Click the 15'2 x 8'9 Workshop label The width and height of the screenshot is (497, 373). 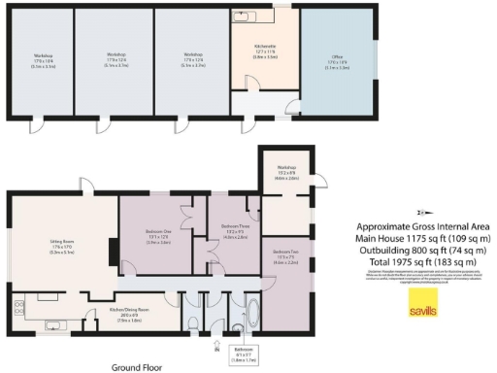(285, 176)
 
